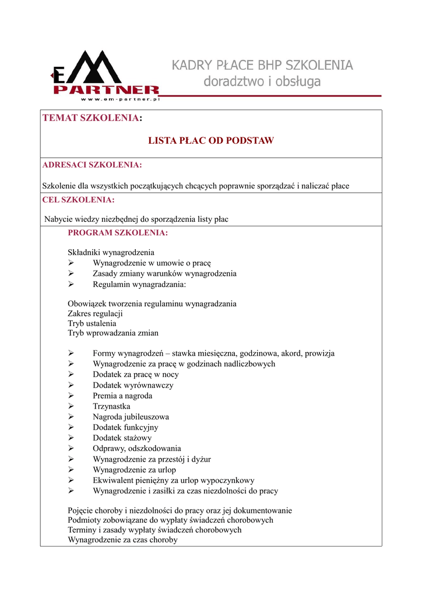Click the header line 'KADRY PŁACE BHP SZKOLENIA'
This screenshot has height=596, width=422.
[262, 65]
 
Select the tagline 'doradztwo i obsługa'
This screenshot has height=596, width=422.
[262, 82]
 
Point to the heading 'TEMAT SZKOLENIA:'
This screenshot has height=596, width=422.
[92, 119]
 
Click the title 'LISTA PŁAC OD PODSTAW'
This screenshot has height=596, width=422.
[211, 141]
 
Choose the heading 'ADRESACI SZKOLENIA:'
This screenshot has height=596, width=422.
[92, 165]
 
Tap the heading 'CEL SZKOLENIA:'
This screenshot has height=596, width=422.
[79, 200]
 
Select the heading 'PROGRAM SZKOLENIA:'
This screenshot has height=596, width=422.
[118, 233]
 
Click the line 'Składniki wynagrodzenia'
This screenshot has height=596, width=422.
[111, 253]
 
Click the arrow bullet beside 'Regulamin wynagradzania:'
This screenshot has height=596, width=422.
[71, 285]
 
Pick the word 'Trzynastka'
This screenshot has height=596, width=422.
[111, 406]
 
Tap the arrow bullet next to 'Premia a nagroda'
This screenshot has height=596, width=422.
[71, 396]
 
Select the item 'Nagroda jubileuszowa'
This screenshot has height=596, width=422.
[131, 417]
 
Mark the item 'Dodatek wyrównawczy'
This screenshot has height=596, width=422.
[133, 385]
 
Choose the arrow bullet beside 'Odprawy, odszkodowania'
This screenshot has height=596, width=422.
[71, 449]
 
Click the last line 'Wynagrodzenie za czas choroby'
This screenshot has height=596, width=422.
[123, 540]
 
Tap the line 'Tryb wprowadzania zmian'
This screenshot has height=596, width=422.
[113, 333]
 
